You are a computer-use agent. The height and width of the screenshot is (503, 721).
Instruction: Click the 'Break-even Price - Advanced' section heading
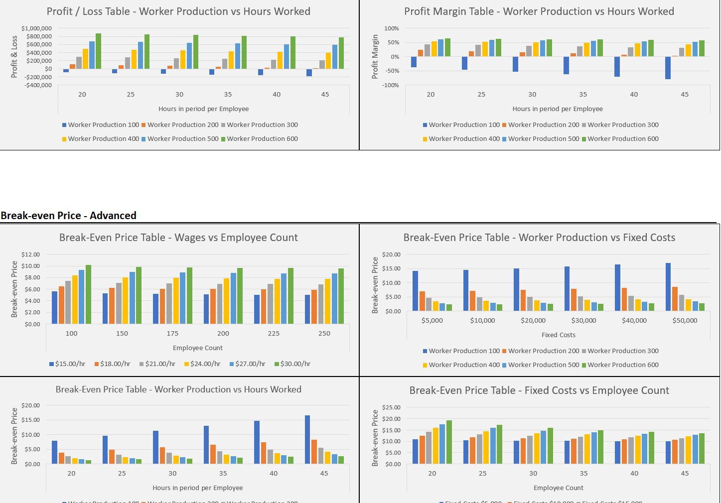[68, 216]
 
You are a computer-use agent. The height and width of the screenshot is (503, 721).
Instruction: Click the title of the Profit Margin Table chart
[539, 11]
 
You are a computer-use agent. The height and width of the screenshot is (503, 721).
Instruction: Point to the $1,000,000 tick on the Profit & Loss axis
[36, 28]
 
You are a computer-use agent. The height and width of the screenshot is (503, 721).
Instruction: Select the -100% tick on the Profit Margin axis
[391, 85]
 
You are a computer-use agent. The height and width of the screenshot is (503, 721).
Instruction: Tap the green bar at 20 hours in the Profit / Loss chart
[98, 51]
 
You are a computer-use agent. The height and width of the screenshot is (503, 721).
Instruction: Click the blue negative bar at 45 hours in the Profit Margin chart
[668, 68]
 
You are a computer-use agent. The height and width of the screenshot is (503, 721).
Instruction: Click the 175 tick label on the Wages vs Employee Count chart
[172, 333]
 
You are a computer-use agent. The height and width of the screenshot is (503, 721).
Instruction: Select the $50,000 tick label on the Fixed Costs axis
[685, 320]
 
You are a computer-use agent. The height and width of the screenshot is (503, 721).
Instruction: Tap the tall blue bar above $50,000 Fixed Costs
[668, 287]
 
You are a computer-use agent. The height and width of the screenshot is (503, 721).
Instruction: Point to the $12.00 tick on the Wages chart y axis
[31, 254]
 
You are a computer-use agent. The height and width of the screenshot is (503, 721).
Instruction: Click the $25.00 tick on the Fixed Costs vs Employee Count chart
[391, 407]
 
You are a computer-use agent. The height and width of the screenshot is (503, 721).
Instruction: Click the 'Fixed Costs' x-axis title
[558, 335]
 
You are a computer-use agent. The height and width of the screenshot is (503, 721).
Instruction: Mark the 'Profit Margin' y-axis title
[375, 57]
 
